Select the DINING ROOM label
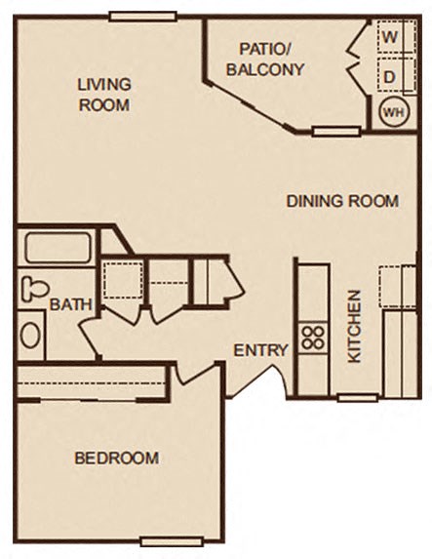pyautogui.click(x=342, y=202)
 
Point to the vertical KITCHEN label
pyautogui.click(x=355, y=326)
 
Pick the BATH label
pyautogui.click(x=70, y=304)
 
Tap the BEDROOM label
pyautogui.click(x=116, y=458)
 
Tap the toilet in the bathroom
pyautogui.click(x=34, y=289)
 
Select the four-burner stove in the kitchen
pyautogui.click(x=312, y=339)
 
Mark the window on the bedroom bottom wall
pyautogui.click(x=171, y=540)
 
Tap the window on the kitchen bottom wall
pyautogui.click(x=357, y=397)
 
